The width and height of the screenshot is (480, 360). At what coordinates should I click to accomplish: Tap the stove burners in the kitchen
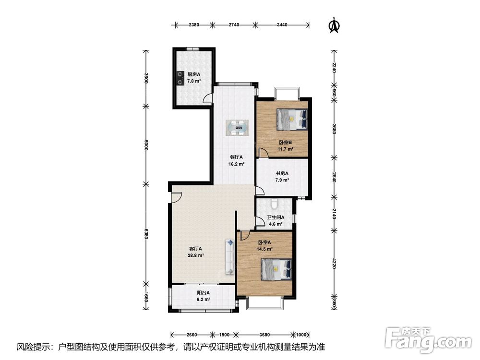179,77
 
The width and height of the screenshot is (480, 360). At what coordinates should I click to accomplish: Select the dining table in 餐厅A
237,128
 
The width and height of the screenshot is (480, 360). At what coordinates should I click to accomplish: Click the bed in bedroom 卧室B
292,119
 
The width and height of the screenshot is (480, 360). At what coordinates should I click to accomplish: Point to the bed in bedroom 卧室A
276,269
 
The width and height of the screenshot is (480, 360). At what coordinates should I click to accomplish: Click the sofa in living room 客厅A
229,256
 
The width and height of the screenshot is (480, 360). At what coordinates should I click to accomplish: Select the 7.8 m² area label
194,81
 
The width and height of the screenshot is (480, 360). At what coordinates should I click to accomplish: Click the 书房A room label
282,173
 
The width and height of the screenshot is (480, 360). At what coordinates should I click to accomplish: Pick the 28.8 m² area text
196,255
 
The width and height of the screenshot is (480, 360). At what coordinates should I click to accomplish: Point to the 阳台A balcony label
203,293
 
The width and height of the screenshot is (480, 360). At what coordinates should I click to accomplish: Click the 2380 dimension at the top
194,25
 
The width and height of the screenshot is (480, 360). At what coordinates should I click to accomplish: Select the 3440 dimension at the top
282,25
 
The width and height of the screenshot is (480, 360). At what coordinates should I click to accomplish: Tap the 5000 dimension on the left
146,145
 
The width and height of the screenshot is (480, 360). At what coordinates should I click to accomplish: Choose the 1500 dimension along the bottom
224,335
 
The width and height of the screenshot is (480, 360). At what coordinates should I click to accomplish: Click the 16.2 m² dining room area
236,164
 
